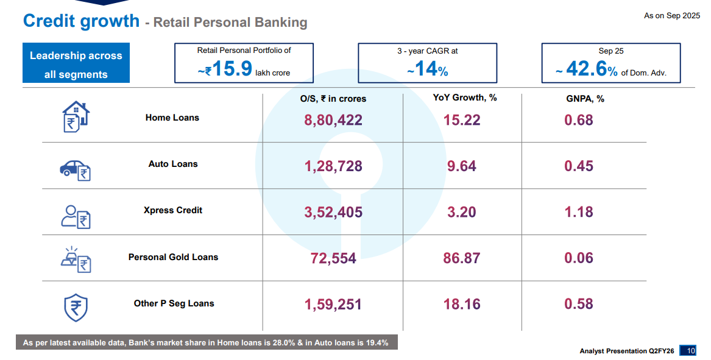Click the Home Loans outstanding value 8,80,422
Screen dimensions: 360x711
click(x=333, y=120)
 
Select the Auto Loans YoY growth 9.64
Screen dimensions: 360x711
click(x=461, y=166)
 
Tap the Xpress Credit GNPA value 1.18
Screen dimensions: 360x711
click(x=578, y=212)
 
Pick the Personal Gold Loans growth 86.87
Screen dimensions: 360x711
click(x=461, y=258)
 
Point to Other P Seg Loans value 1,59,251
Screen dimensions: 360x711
click(x=333, y=304)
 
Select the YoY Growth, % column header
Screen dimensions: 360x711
click(x=465, y=97)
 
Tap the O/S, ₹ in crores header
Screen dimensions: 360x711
click(x=333, y=99)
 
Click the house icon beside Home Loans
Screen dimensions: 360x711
click(x=76, y=117)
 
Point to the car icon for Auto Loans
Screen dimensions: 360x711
click(x=75, y=169)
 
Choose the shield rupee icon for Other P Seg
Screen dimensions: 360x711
click(x=76, y=307)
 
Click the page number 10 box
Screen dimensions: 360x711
click(x=690, y=351)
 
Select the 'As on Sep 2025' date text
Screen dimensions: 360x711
click(x=672, y=16)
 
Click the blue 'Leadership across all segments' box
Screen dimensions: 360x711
click(x=76, y=65)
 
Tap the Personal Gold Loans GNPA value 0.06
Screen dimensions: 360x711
click(x=578, y=258)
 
